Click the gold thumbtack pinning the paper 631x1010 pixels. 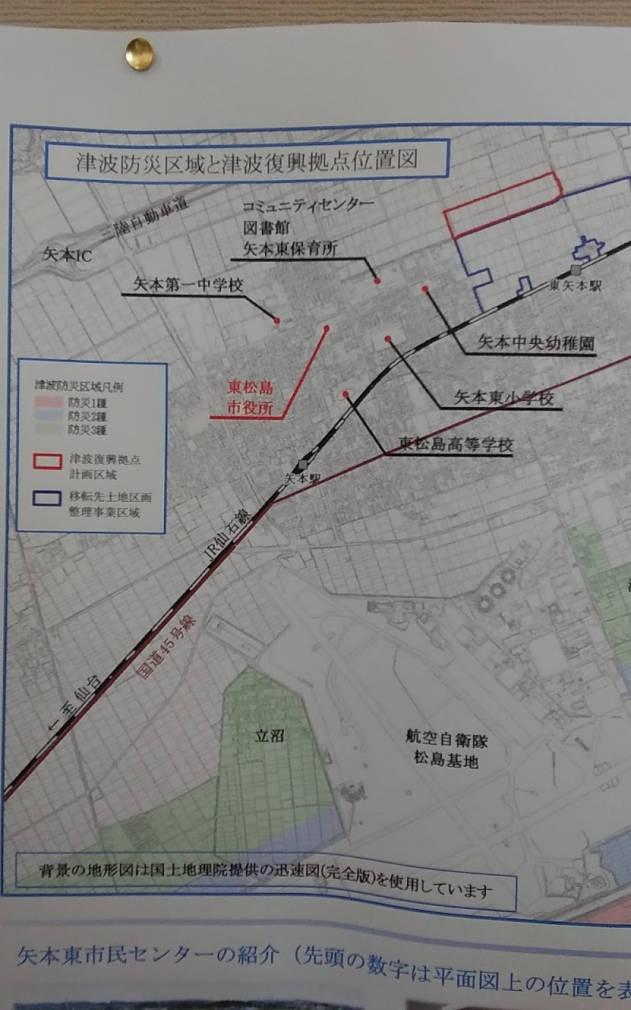(x=139, y=53)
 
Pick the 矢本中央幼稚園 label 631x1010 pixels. (x=536, y=344)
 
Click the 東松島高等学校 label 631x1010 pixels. (x=455, y=444)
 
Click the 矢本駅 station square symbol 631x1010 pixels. (x=301, y=466)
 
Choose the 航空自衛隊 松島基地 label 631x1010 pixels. (x=450, y=750)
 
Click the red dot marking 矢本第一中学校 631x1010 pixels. (x=277, y=320)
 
